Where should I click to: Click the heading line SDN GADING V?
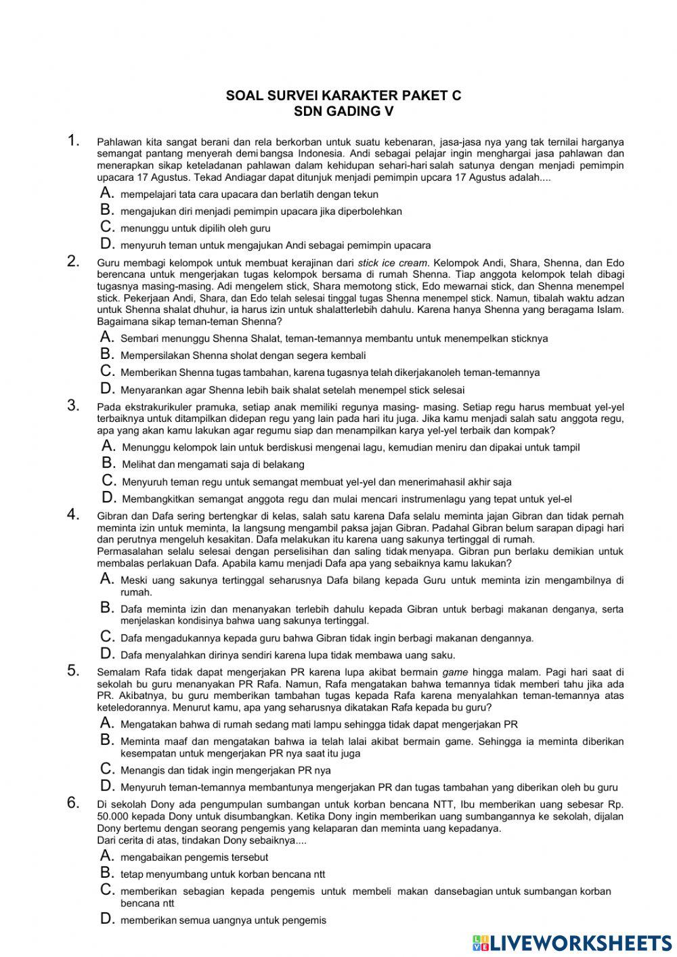coord(344,111)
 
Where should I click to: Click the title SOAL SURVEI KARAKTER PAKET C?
coord(344,95)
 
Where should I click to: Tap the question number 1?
coord(74,141)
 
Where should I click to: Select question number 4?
coord(74,515)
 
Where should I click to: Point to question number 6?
coord(74,803)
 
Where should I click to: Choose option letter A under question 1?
coord(106,194)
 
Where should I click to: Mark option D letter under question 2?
coord(106,389)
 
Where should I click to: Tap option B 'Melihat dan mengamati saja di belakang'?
coord(213,465)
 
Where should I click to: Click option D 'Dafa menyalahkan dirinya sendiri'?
coord(287,655)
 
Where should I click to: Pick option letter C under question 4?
coord(106,637)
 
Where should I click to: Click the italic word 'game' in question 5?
coord(455,673)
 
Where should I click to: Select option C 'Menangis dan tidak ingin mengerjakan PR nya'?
coord(225,770)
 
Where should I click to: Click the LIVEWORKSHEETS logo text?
coord(580,943)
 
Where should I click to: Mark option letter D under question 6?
coord(106,919)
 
